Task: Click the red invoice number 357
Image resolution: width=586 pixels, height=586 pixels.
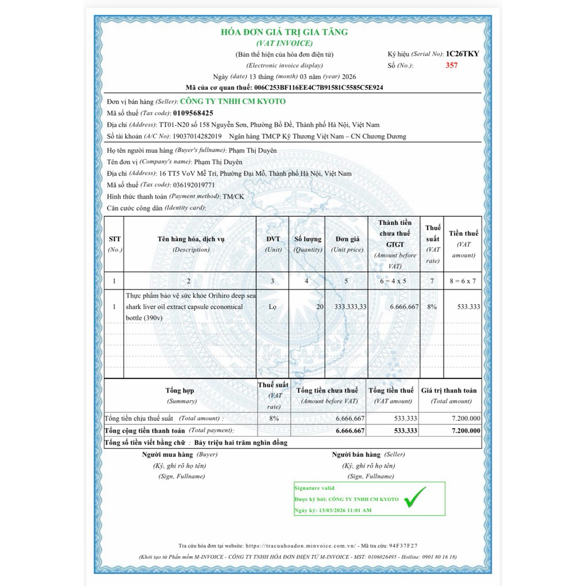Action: [x=452, y=65]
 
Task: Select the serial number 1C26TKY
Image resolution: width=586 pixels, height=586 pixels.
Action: [x=462, y=54]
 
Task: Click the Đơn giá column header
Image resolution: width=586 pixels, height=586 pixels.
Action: [x=347, y=239]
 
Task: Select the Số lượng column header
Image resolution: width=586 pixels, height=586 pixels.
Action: [x=307, y=239]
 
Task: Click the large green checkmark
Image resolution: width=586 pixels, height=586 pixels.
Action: [x=415, y=497]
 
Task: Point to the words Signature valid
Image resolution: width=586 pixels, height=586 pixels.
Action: [x=314, y=488]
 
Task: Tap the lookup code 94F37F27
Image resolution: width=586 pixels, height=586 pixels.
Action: [x=403, y=545]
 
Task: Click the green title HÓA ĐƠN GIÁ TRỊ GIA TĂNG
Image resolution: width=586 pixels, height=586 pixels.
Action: [x=284, y=32]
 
